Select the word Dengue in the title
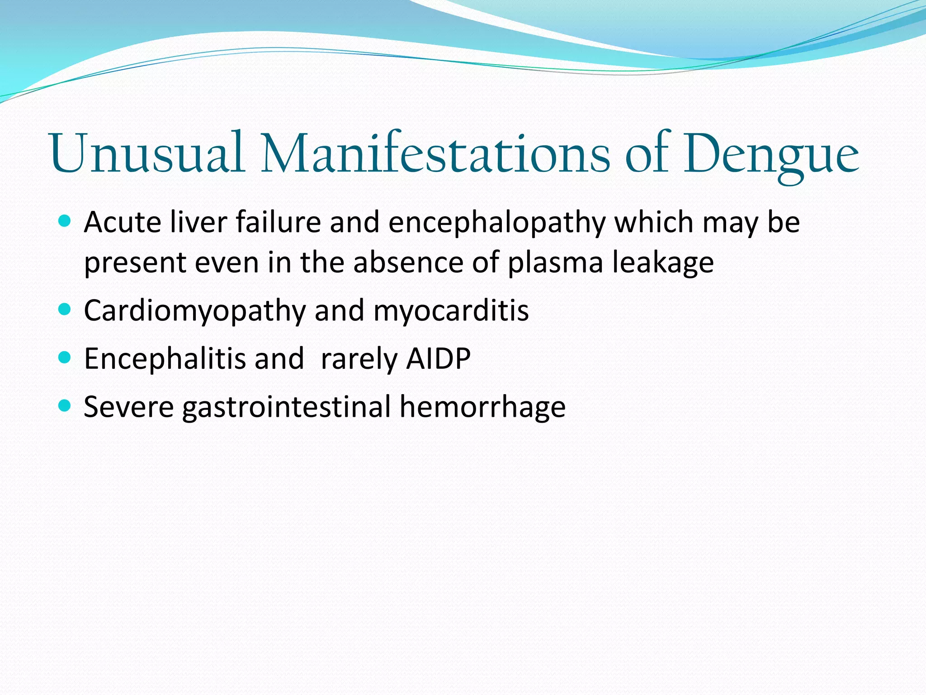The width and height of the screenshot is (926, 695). (770, 154)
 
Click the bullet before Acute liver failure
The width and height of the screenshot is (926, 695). (65, 221)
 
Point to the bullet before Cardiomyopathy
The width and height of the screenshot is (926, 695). (65, 309)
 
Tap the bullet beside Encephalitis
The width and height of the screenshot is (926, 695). (65, 358)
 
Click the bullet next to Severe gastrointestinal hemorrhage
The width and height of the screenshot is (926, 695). (65, 406)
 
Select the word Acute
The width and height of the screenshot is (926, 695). (122, 223)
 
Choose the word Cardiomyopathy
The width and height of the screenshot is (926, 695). (194, 311)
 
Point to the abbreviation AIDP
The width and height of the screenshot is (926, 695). (438, 359)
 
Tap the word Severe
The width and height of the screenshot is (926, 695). (128, 407)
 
